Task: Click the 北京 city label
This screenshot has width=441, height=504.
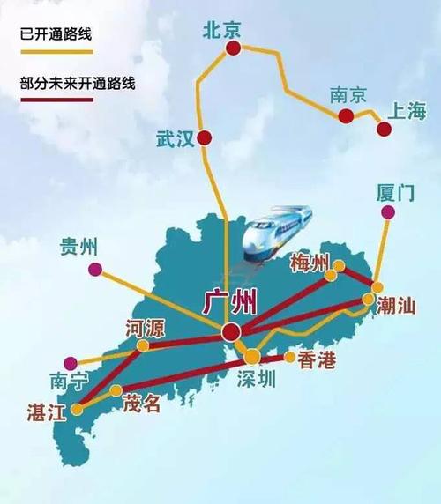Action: coord(221,31)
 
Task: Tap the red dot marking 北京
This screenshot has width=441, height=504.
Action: coord(231,53)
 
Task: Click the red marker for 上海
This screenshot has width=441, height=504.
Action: coord(384,130)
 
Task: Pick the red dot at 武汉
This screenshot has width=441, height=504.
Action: coord(205,137)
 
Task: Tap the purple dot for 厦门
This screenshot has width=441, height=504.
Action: coord(385,212)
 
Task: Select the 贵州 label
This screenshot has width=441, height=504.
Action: coord(78,247)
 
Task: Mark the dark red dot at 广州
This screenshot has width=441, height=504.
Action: coord(231,330)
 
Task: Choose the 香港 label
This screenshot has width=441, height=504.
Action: coord(318,359)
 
